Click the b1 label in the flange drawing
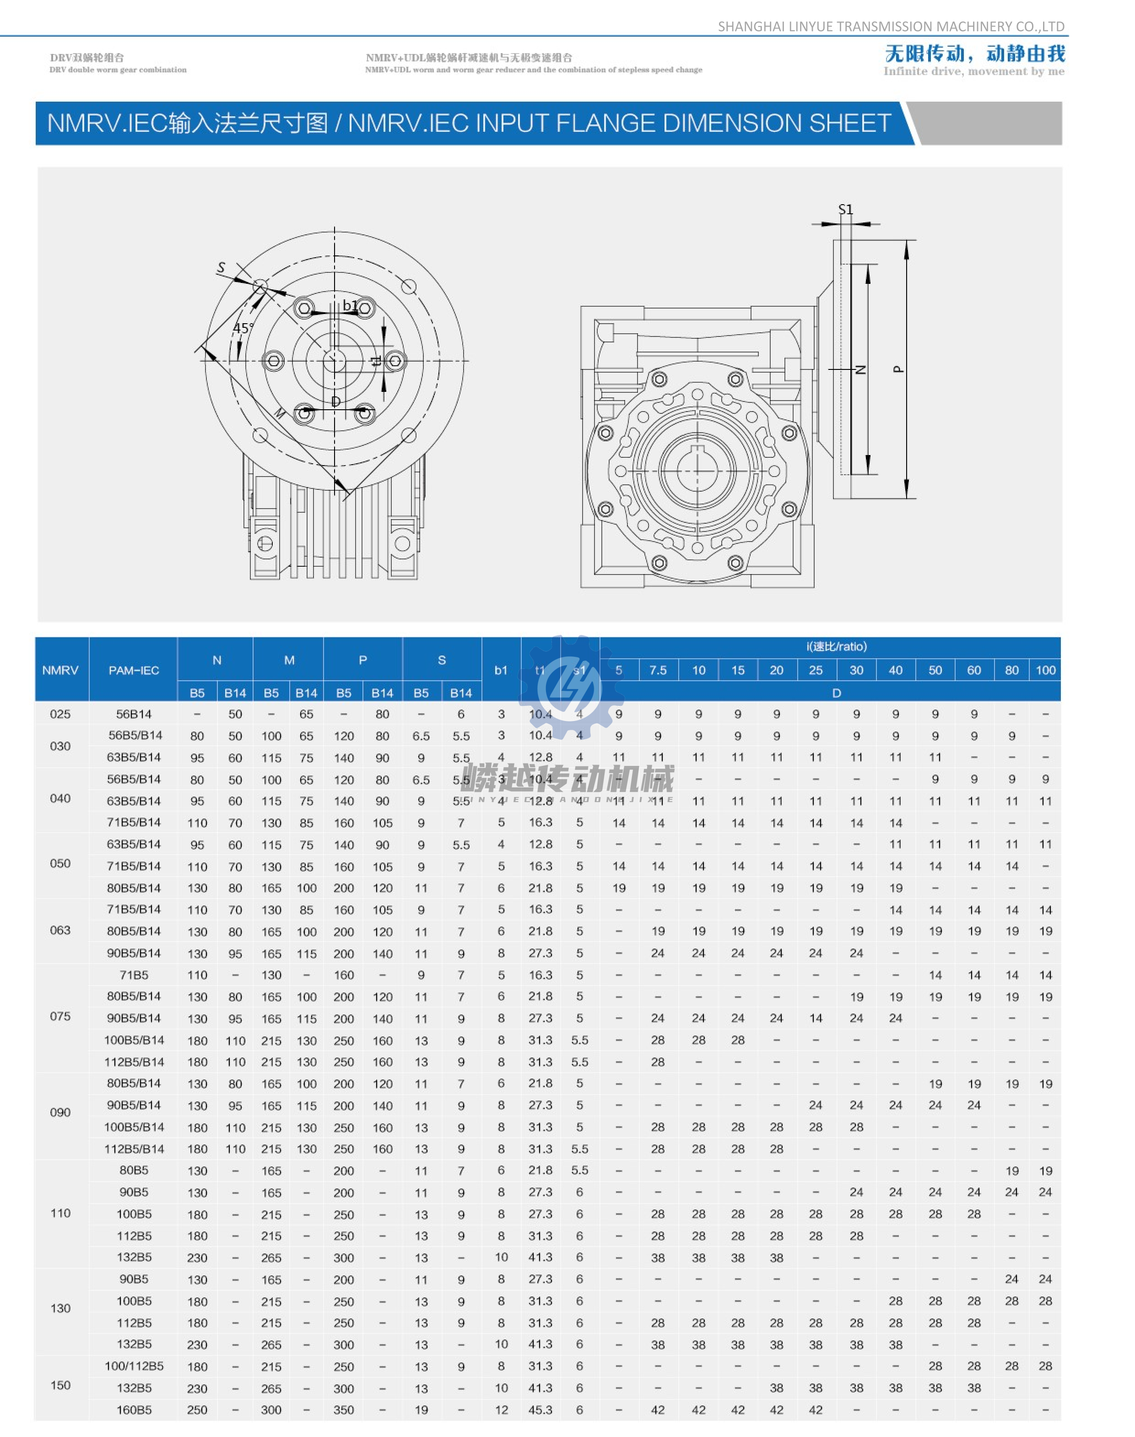350,306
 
